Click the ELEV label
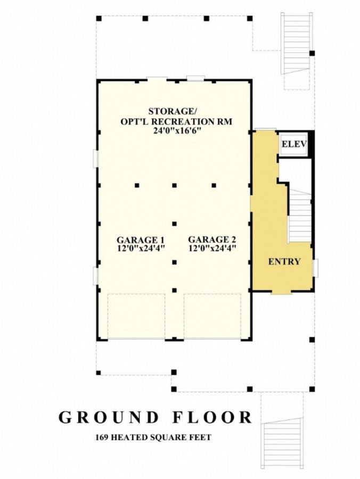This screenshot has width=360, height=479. pyautogui.click(x=293, y=144)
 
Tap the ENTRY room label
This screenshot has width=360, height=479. pyautogui.click(x=284, y=261)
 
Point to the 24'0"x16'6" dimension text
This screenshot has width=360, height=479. pyautogui.click(x=174, y=130)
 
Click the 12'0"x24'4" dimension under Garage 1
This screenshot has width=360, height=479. pyautogui.click(x=136, y=248)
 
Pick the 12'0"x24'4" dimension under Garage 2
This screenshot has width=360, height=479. pyautogui.click(x=211, y=248)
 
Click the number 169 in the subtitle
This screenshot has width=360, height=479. pyautogui.click(x=103, y=438)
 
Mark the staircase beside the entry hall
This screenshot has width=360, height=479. pyautogui.click(x=300, y=216)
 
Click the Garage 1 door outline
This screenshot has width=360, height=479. pyautogui.click(x=136, y=316)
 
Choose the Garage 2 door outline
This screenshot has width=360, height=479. pyautogui.click(x=212, y=316)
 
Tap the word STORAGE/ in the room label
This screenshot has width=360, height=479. pyautogui.click(x=173, y=111)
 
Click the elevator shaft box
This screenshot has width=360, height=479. pyautogui.click(x=293, y=144)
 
